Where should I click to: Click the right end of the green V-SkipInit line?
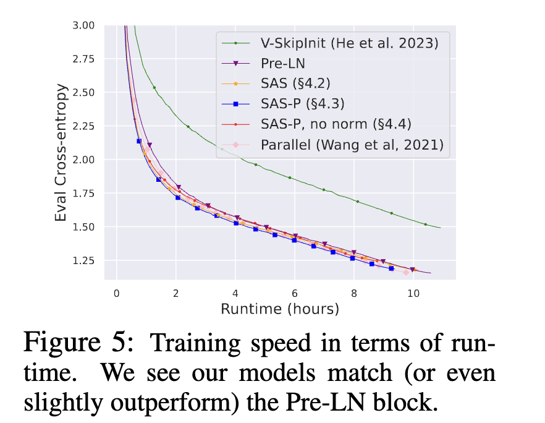[x=440, y=228]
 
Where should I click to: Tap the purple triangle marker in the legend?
[x=236, y=64]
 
